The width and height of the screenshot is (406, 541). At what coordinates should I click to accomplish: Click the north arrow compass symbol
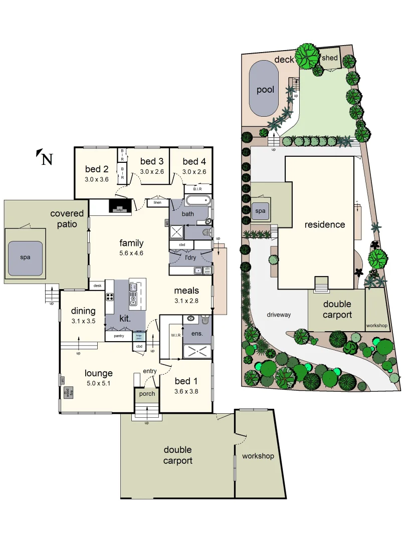click(44, 158)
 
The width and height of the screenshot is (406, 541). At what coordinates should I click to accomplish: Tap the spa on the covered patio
click(25, 257)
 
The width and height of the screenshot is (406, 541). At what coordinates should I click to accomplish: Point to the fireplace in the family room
click(120, 206)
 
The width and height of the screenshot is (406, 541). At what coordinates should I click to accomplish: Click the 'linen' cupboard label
click(157, 203)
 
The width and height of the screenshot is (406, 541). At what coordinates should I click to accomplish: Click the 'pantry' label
click(119, 336)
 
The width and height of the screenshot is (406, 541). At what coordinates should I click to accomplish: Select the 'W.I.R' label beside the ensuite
click(175, 335)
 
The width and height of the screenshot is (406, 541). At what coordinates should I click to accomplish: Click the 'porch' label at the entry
click(147, 393)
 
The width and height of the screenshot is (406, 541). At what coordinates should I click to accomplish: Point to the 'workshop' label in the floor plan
click(258, 456)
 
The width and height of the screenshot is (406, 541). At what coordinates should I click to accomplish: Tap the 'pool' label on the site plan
click(265, 90)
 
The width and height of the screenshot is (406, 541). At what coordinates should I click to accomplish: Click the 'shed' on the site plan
click(330, 58)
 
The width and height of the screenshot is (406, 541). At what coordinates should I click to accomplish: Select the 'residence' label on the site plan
click(325, 224)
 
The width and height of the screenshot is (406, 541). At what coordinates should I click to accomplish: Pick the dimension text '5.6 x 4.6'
click(131, 253)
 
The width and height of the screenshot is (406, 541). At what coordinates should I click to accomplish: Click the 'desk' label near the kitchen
click(97, 286)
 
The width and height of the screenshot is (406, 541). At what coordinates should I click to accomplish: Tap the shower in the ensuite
click(197, 352)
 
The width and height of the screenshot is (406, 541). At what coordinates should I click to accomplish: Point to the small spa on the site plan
click(260, 211)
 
